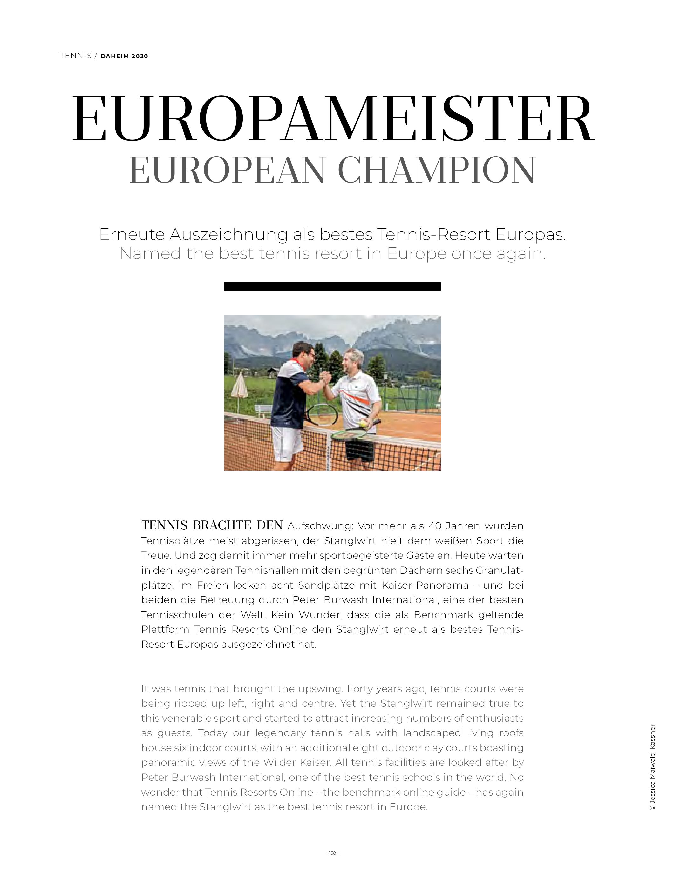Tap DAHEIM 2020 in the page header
(124, 56)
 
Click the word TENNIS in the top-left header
(76, 56)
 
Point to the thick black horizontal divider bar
(332, 286)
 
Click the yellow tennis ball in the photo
(363, 423)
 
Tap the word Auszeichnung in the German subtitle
(228, 235)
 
